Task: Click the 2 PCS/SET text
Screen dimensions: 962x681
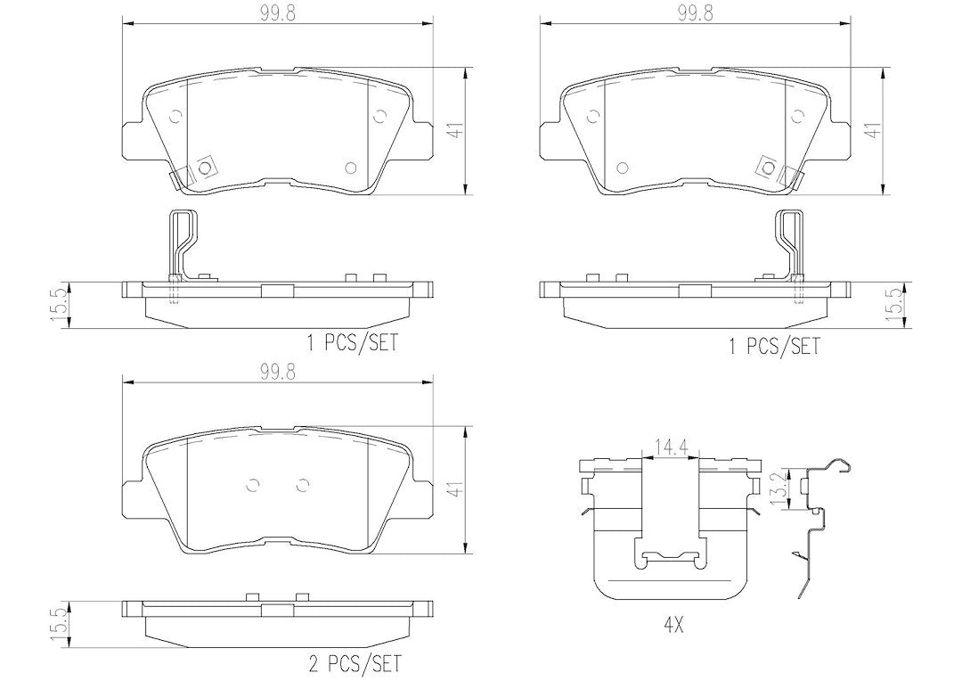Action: tap(354, 663)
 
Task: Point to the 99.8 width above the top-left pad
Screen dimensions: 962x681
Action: tap(278, 14)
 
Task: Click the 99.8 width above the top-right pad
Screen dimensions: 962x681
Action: tap(695, 14)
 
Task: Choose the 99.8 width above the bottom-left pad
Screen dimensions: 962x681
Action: tap(278, 372)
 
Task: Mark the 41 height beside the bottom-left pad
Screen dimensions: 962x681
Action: tap(454, 489)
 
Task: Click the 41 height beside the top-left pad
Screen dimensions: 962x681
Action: tap(454, 130)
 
